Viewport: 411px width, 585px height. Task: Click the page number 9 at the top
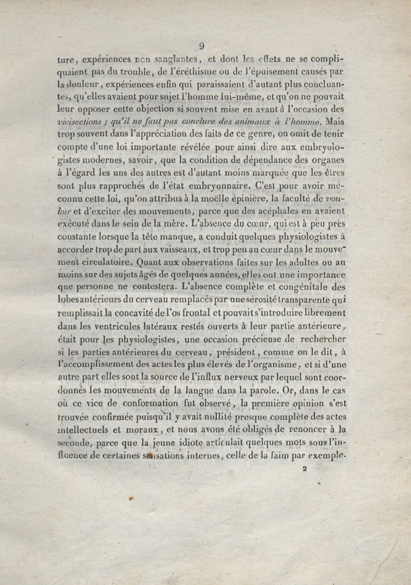pyautogui.click(x=202, y=46)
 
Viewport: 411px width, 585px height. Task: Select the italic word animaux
pyautogui.click(x=266, y=122)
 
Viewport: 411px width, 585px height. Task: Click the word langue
pyautogui.click(x=208, y=390)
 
